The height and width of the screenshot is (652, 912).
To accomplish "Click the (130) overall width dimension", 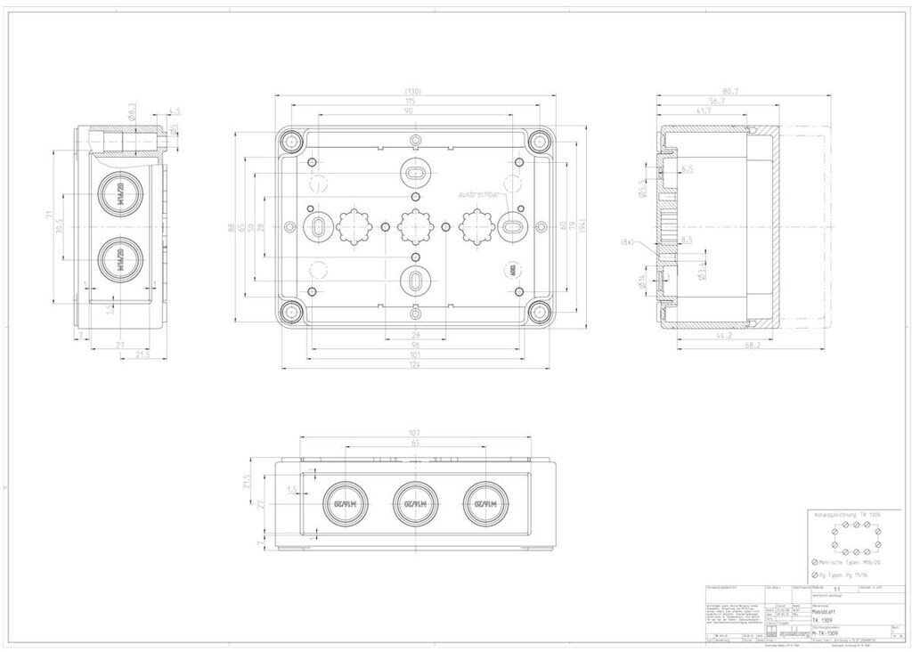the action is click(x=413, y=92).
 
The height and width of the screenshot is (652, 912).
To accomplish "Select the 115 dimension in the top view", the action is click(x=413, y=102).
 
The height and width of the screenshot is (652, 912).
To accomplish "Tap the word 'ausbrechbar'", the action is click(x=483, y=193).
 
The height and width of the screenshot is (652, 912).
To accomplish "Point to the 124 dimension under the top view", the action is click(x=415, y=365).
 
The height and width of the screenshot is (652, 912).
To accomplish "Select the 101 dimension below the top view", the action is click(x=415, y=355).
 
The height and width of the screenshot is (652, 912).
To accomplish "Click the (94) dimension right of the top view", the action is click(x=583, y=227).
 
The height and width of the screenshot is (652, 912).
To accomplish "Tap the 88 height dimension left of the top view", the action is click(x=232, y=227).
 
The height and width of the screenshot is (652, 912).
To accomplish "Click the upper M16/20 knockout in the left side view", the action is click(x=118, y=194).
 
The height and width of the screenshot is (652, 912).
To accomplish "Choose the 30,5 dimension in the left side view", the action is click(x=61, y=227).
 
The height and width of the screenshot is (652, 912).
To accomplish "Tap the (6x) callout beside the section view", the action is click(x=627, y=241).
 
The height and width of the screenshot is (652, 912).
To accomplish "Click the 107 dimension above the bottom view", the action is click(x=415, y=434).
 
